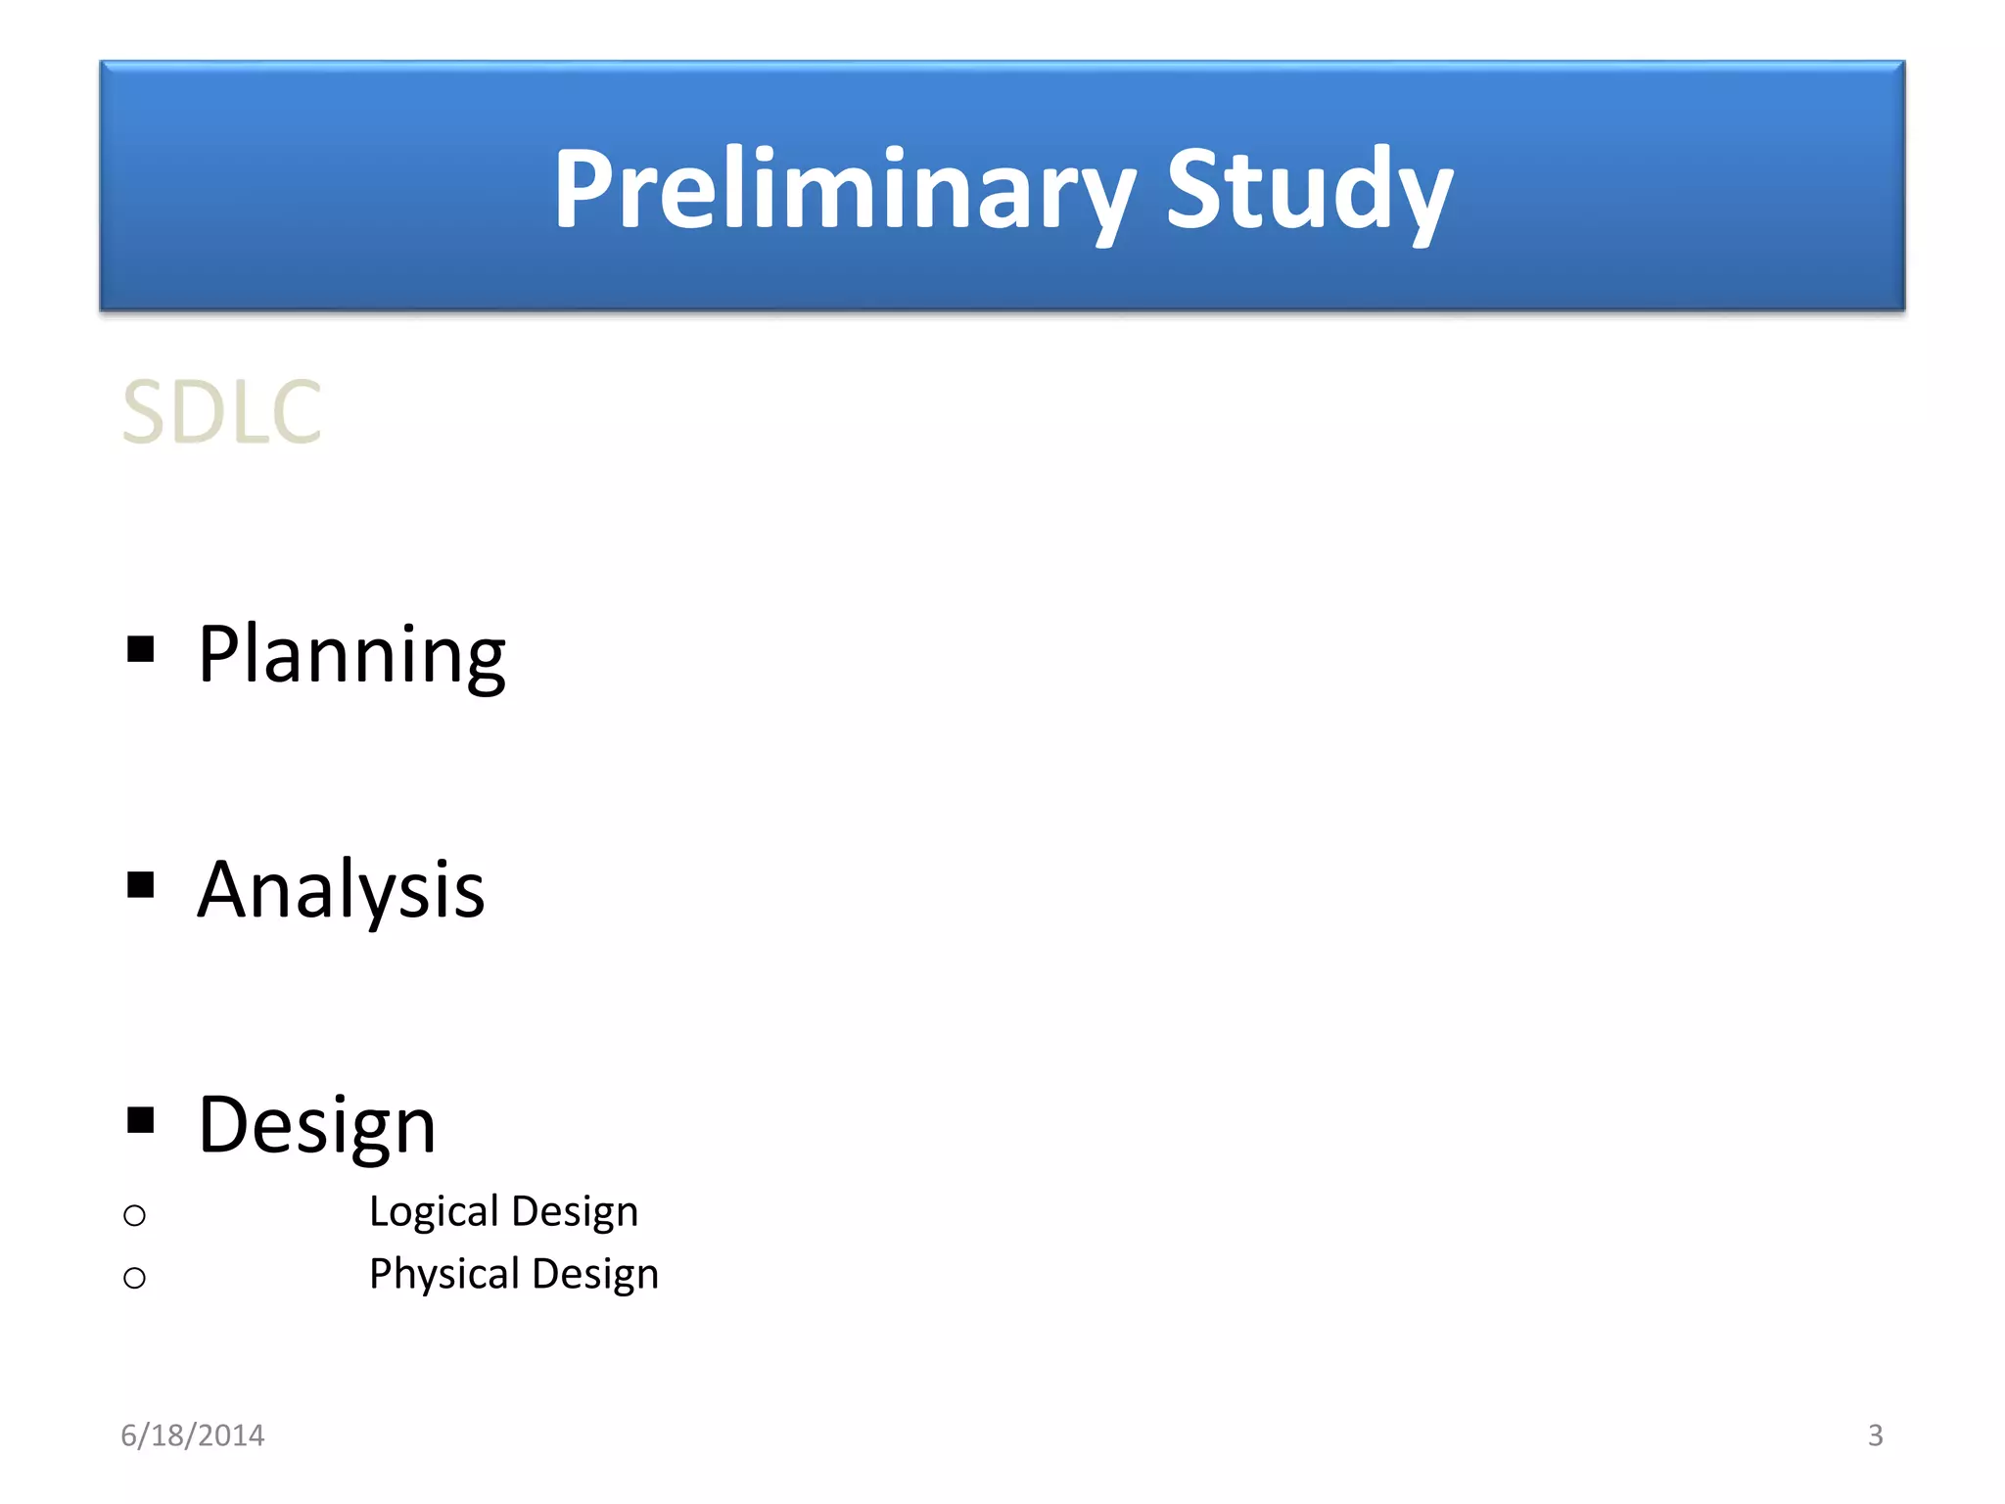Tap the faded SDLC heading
[221, 412]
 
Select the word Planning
[351, 655]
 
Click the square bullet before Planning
[141, 649]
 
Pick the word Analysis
[341, 890]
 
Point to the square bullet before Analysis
[141, 885]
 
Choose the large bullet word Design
[316, 1125]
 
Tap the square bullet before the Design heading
[141, 1119]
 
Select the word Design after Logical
[575, 1212]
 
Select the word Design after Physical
[595, 1275]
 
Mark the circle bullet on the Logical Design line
[135, 1216]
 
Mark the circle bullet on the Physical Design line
[135, 1278]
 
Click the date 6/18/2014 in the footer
[192, 1435]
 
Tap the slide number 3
[1875, 1435]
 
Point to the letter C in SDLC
[294, 412]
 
